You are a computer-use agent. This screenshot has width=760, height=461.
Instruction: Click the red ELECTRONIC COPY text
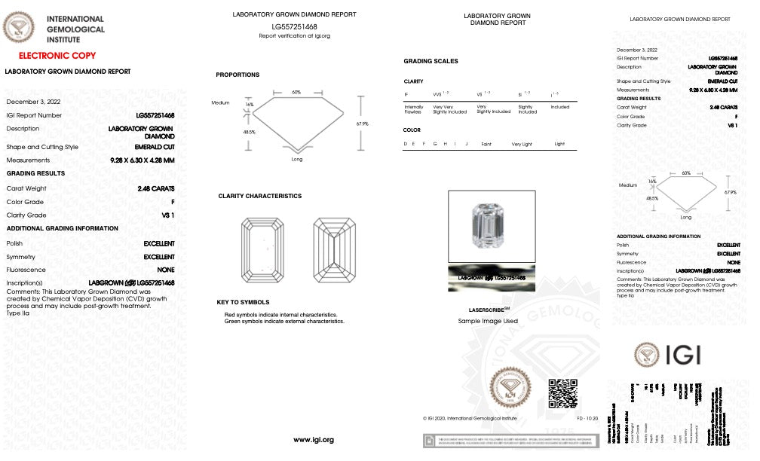click(57, 56)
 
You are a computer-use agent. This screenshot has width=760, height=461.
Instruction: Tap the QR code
click(562, 392)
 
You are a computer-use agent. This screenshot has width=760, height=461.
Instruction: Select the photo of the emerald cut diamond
click(492, 224)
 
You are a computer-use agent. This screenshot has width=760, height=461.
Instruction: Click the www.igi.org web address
click(314, 440)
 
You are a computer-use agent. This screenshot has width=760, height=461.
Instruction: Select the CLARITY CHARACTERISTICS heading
click(259, 196)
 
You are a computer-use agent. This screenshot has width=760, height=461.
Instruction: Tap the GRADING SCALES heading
click(431, 61)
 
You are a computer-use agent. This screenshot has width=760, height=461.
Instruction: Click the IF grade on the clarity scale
click(407, 95)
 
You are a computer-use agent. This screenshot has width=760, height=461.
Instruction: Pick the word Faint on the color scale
click(486, 143)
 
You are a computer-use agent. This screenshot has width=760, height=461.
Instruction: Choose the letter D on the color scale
click(406, 143)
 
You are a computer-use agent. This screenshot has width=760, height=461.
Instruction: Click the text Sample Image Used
click(488, 321)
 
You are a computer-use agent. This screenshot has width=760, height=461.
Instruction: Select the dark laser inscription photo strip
click(492, 279)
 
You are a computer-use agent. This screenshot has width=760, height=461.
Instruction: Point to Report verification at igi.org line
click(294, 35)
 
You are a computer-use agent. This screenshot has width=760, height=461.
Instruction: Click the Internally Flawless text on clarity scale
click(414, 109)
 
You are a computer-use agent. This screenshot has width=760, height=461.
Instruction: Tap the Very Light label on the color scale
click(522, 143)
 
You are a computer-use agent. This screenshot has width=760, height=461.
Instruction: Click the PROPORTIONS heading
click(237, 75)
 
